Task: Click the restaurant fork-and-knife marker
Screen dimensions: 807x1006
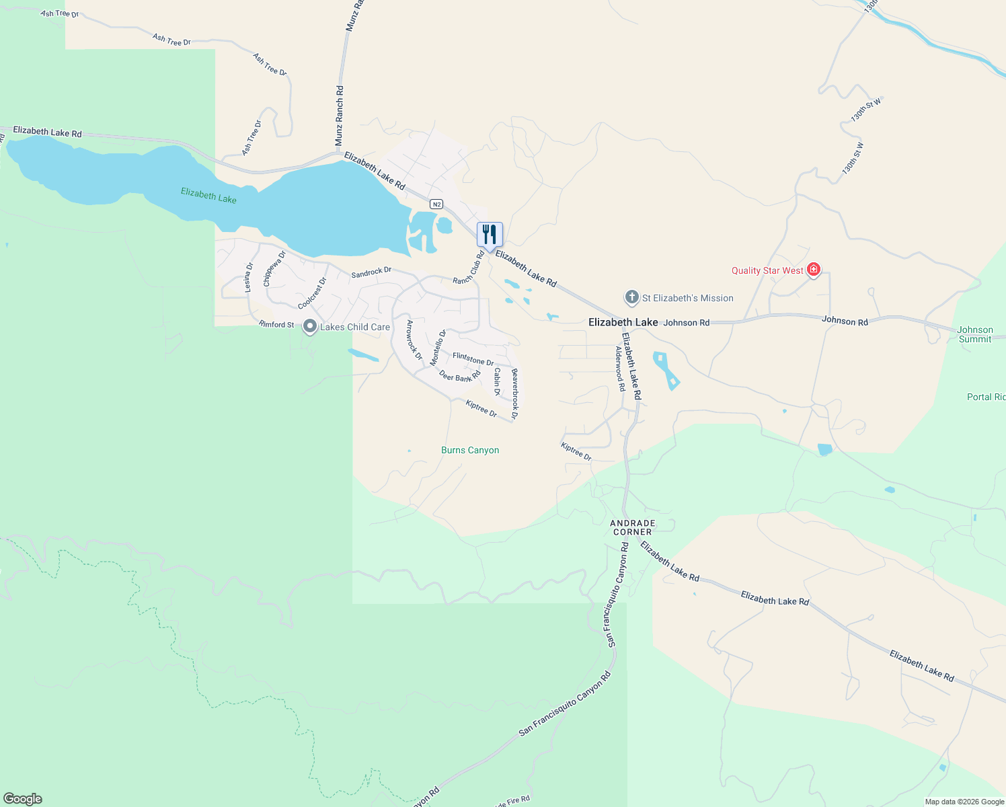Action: pos(490,234)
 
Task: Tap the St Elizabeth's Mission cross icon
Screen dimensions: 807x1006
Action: pos(631,297)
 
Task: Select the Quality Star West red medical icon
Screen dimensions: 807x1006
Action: pos(814,270)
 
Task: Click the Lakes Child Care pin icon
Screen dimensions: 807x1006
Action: pos(310,326)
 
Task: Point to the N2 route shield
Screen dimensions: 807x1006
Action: pos(436,204)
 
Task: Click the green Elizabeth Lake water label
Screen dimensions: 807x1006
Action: pos(208,196)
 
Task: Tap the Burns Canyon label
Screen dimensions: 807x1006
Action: pos(470,450)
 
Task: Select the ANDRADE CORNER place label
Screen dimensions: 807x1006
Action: pos(632,527)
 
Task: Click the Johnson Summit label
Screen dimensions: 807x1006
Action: pos(975,334)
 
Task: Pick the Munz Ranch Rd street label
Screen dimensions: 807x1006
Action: pos(340,116)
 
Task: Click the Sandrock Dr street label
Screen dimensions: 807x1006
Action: pos(371,272)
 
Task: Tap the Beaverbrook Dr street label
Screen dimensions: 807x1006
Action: pos(514,394)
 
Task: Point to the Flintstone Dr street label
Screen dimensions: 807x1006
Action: pos(473,358)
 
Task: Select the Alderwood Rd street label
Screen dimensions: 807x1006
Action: pos(620,369)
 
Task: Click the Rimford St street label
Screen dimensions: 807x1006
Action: pos(276,324)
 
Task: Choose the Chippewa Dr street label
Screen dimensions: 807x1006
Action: pos(274,268)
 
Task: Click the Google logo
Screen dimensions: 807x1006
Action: pos(23,798)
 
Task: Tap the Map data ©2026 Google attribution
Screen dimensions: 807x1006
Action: pos(964,802)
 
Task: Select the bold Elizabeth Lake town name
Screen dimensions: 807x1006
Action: pos(623,322)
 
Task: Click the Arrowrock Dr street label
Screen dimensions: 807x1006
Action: pos(414,340)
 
